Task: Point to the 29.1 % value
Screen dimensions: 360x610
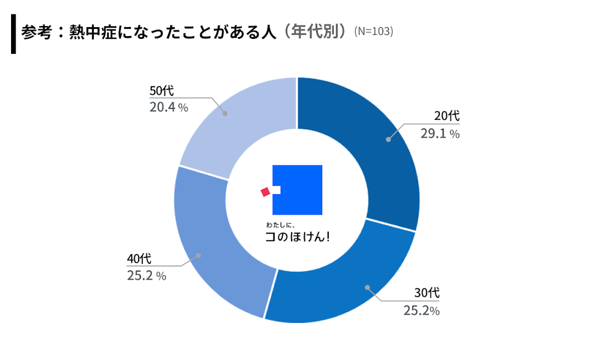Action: pyautogui.click(x=439, y=134)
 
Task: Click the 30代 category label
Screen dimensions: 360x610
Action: pyautogui.click(x=427, y=293)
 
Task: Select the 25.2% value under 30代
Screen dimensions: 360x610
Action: pyautogui.click(x=421, y=311)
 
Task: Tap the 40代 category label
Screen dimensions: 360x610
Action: pyautogui.click(x=139, y=258)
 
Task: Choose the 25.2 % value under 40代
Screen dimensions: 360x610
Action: pyautogui.click(x=146, y=276)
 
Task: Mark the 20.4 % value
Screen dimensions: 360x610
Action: pyautogui.click(x=169, y=108)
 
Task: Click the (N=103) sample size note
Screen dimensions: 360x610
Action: pyautogui.click(x=373, y=32)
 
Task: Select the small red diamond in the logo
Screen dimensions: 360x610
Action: pyautogui.click(x=265, y=192)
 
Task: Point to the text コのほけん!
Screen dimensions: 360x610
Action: pyautogui.click(x=297, y=237)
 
